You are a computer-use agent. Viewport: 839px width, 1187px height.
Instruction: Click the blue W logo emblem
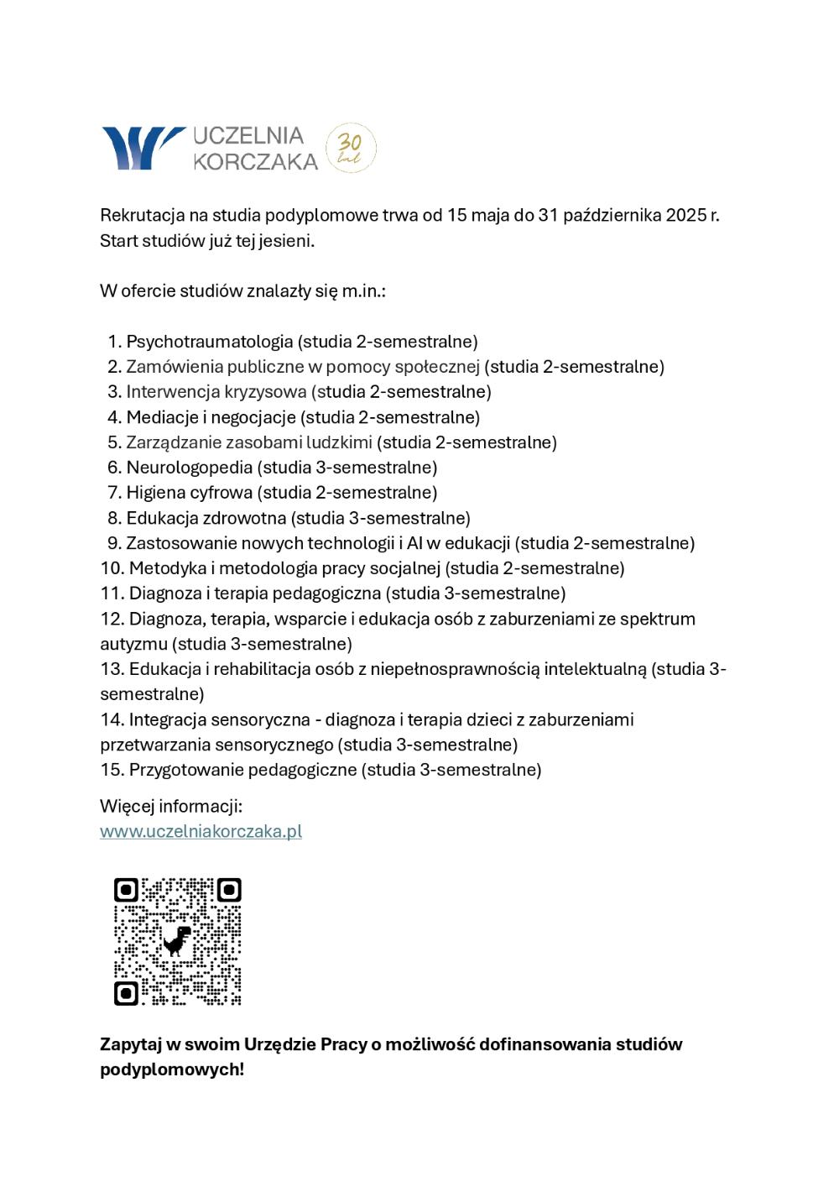(140, 148)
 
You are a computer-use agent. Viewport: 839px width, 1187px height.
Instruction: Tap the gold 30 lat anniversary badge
(350, 149)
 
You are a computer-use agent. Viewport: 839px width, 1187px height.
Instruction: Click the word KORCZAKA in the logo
(256, 161)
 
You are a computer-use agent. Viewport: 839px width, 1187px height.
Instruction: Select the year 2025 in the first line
(686, 215)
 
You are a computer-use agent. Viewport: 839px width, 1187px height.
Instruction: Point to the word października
(612, 215)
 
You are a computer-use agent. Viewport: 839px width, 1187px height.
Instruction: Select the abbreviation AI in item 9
(414, 543)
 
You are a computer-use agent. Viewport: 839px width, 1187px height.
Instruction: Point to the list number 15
(112, 770)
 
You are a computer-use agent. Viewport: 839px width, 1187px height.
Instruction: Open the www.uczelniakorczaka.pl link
(201, 831)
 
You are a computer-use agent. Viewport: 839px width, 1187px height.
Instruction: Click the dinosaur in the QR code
(177, 940)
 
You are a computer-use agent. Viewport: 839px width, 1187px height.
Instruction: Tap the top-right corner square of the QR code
(229, 890)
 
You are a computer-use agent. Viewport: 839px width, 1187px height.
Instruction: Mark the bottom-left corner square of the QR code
(126, 993)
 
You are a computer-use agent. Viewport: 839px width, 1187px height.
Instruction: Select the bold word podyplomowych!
(172, 1069)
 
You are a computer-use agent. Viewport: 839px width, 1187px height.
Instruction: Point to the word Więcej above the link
(127, 806)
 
